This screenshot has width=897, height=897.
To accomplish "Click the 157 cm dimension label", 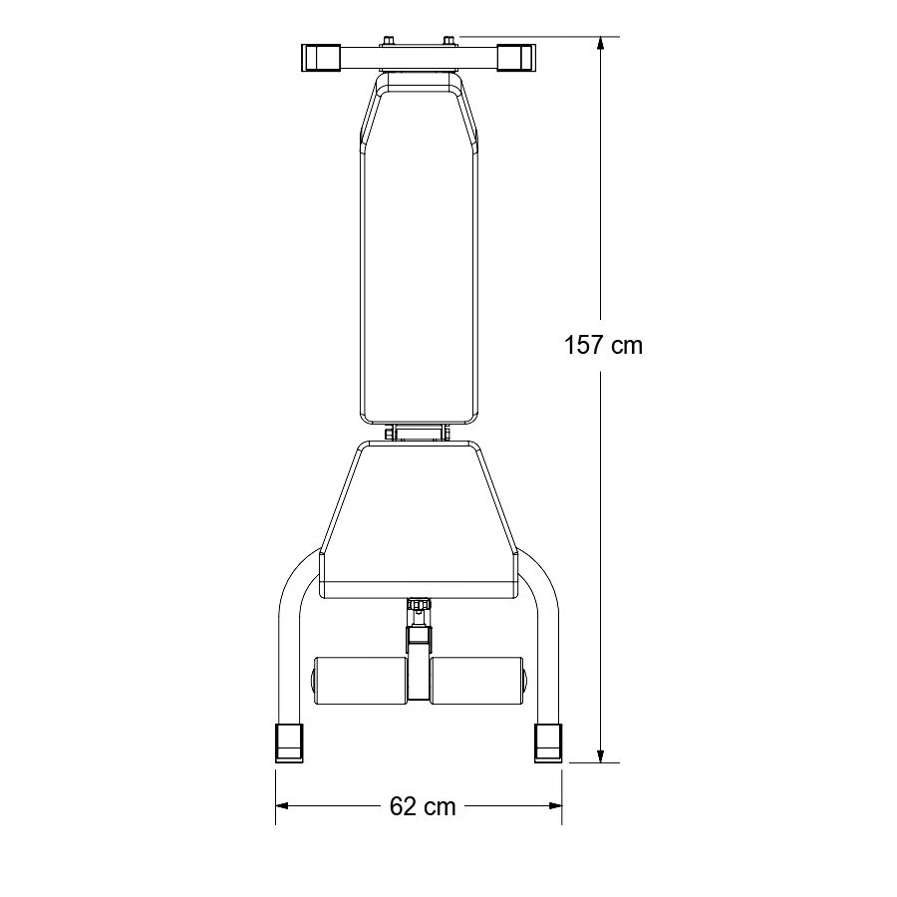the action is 604,346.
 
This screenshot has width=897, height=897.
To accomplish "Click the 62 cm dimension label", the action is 423,806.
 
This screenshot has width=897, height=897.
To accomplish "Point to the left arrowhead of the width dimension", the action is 283,806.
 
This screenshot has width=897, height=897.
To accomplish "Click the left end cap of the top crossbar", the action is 320,58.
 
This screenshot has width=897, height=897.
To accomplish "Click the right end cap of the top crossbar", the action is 515,58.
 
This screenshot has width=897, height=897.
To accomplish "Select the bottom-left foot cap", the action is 289,743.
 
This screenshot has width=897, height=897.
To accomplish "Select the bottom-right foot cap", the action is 548,743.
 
